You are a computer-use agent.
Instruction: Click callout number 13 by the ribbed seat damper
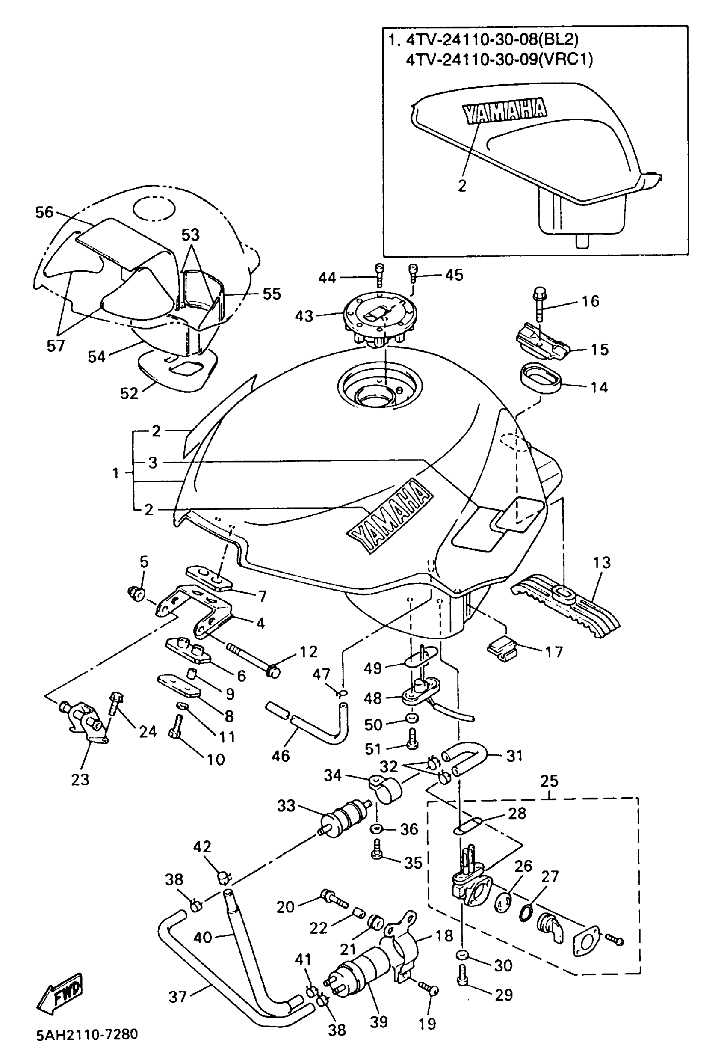(x=601, y=563)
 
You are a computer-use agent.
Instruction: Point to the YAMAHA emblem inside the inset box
(x=504, y=110)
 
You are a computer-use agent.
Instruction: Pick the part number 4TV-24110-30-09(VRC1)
(x=499, y=60)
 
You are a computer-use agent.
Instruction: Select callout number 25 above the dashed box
(x=549, y=781)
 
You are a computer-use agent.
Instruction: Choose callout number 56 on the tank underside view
(x=44, y=212)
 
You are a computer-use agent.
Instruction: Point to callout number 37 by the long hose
(x=178, y=996)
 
